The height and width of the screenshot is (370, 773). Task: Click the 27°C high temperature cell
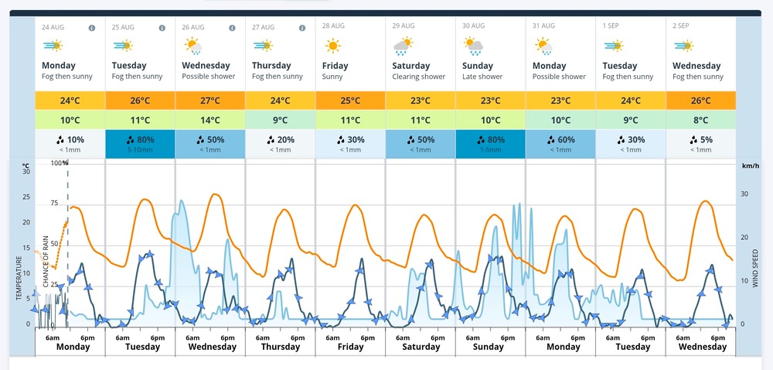coord(210,101)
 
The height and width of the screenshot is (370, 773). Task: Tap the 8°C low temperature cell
coord(700,120)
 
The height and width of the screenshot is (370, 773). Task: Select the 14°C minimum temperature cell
coord(210,120)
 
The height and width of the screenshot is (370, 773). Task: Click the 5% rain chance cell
coord(700,143)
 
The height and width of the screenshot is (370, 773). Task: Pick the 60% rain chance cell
coord(560,143)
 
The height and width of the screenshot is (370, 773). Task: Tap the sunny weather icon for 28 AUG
coord(332,46)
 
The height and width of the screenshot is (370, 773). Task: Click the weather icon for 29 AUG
coord(404,46)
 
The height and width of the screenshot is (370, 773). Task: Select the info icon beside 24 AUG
coord(92,28)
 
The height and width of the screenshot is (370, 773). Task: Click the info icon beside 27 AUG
coord(302,28)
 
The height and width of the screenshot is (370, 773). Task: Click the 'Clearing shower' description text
coord(418,77)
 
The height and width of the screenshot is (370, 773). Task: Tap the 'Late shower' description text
coord(482,77)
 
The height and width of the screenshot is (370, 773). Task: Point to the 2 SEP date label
coord(681,26)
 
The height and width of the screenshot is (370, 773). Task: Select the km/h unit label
coord(751,166)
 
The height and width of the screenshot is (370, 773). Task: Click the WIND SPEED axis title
coord(754,269)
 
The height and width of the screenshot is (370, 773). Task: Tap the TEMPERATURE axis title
coord(19,278)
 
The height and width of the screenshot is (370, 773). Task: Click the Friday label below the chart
coord(350,347)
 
